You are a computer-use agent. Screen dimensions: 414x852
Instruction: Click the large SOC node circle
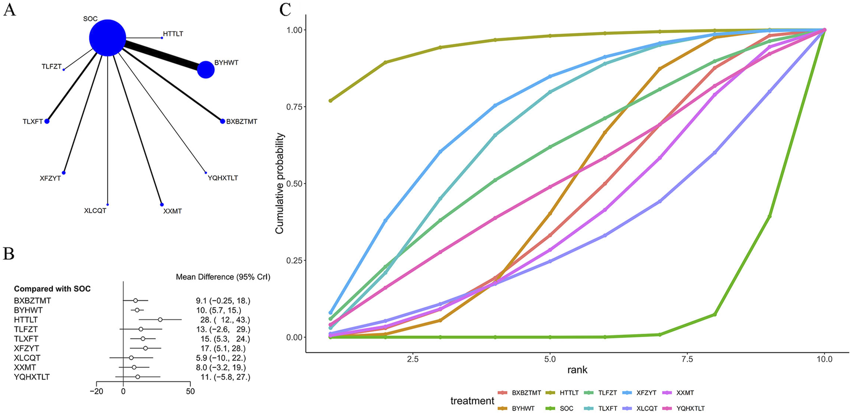click(x=108, y=38)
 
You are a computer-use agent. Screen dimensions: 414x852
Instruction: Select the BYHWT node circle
click(x=206, y=70)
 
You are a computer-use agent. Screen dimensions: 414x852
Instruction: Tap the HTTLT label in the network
click(x=173, y=34)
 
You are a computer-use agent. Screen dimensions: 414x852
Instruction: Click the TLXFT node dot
click(x=47, y=121)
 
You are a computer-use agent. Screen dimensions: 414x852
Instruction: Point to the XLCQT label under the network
click(x=95, y=211)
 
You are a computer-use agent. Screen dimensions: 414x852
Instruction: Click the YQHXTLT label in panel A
click(x=223, y=178)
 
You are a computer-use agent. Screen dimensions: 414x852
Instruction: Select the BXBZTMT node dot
click(x=223, y=121)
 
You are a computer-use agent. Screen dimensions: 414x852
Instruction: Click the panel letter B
click(x=9, y=253)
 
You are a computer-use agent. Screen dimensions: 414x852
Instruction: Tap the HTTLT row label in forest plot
click(x=26, y=320)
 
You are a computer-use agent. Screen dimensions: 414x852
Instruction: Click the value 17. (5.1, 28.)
click(x=223, y=348)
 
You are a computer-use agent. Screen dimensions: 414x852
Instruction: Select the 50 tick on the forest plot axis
click(x=190, y=391)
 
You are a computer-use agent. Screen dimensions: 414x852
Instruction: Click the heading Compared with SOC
click(x=52, y=289)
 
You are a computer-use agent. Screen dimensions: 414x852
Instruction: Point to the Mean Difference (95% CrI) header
click(x=223, y=277)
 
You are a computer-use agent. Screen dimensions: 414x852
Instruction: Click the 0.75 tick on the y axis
click(x=295, y=107)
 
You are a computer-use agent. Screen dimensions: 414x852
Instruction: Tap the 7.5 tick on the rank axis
click(x=688, y=359)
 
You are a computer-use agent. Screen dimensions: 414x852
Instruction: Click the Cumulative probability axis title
click(x=280, y=184)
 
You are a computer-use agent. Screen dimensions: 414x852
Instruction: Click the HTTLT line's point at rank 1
click(x=330, y=100)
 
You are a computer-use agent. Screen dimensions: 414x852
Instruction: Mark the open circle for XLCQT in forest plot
click(x=131, y=358)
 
